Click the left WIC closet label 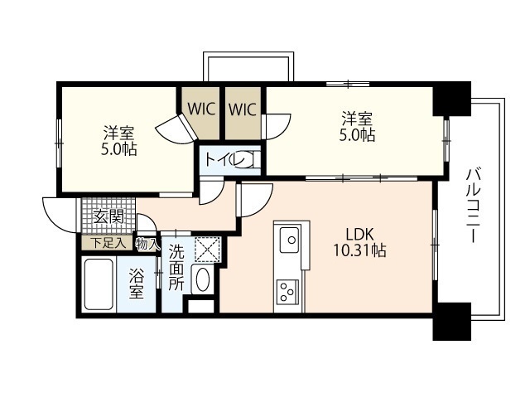click(x=201, y=109)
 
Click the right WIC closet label click(x=243, y=109)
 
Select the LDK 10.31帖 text click(x=360, y=243)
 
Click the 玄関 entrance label click(x=108, y=216)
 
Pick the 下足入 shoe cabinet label click(x=108, y=243)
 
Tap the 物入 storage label click(x=147, y=243)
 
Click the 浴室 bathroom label click(x=137, y=284)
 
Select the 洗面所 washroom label click(x=176, y=267)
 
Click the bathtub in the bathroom click(x=99, y=284)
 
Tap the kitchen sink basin click(x=289, y=240)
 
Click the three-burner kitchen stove click(x=287, y=292)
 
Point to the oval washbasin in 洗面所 click(x=202, y=279)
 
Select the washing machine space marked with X click(x=208, y=250)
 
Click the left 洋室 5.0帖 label click(x=119, y=140)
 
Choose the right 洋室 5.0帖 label click(x=357, y=126)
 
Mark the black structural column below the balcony click(x=452, y=322)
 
